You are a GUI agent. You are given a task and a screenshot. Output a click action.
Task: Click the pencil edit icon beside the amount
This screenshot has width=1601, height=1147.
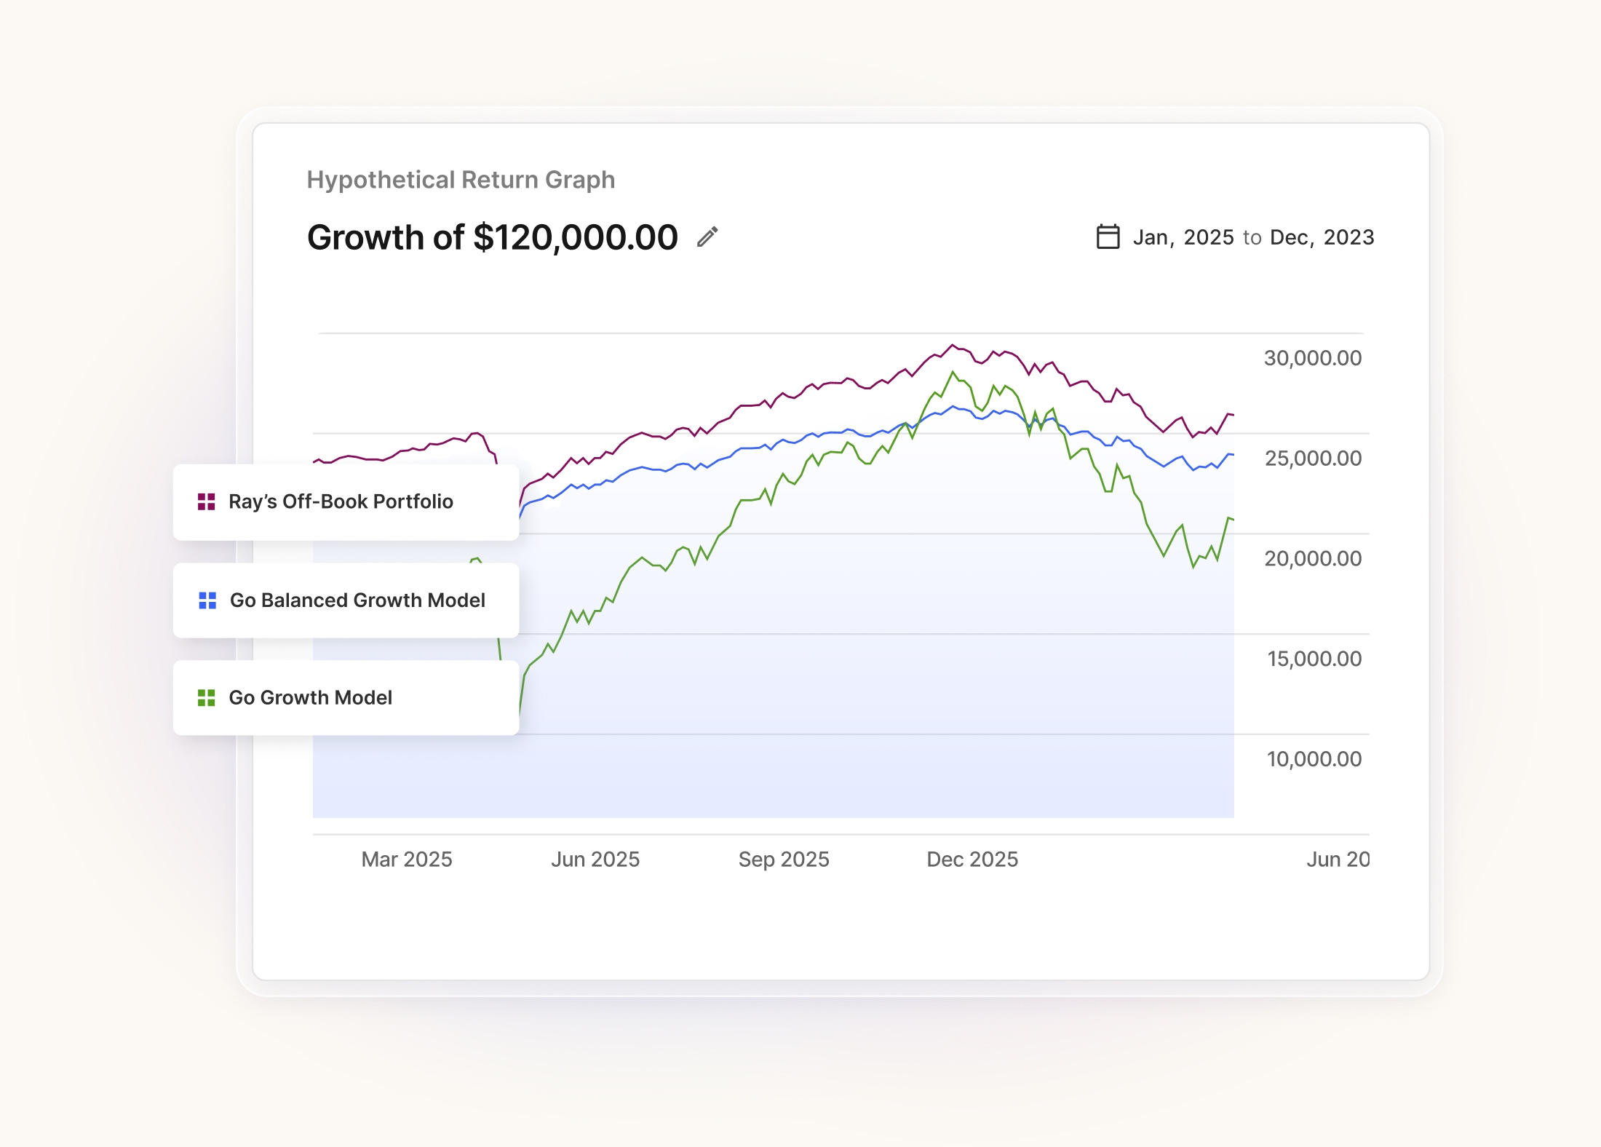pyautogui.click(x=707, y=237)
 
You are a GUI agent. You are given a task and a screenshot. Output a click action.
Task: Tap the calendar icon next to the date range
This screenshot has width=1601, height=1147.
pyautogui.click(x=1108, y=237)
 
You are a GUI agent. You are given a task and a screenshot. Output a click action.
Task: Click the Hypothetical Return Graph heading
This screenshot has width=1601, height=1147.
pyautogui.click(x=461, y=180)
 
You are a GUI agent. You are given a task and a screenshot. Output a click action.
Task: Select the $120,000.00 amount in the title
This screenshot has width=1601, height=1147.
pyautogui.click(x=575, y=237)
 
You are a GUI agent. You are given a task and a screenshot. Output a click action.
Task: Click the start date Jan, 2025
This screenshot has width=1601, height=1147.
pyautogui.click(x=1183, y=237)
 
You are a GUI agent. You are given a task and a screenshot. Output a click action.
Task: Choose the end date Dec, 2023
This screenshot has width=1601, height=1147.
pyautogui.click(x=1322, y=237)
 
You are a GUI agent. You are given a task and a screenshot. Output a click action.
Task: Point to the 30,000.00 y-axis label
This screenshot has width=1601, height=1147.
pyautogui.click(x=1312, y=358)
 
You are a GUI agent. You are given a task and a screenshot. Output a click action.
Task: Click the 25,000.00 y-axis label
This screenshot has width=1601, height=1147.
pyautogui.click(x=1312, y=459)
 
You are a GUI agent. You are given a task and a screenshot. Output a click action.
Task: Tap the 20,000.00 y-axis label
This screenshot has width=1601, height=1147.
pyautogui.click(x=1312, y=559)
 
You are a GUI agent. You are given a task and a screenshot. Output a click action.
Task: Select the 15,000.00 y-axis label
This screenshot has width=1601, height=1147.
pyautogui.click(x=1314, y=659)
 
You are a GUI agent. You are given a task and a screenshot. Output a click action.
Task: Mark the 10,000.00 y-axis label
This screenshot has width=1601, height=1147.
pyautogui.click(x=1314, y=759)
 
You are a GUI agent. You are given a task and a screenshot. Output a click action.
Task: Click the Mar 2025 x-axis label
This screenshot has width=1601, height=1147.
pyautogui.click(x=407, y=860)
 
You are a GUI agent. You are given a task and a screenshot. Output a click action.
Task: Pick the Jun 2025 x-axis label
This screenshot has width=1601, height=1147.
pyautogui.click(x=595, y=860)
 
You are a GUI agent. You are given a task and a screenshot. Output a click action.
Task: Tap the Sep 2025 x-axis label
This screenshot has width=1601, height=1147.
pyautogui.click(x=784, y=860)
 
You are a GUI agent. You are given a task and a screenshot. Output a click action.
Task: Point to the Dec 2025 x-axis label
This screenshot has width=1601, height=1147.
pyautogui.click(x=972, y=860)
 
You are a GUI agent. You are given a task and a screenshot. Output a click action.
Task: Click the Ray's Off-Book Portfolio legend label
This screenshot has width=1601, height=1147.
pyautogui.click(x=341, y=501)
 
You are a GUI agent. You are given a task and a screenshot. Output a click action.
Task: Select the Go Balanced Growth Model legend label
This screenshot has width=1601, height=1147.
pyautogui.click(x=357, y=600)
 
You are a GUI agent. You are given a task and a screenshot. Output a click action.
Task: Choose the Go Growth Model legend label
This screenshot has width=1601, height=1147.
pyautogui.click(x=310, y=698)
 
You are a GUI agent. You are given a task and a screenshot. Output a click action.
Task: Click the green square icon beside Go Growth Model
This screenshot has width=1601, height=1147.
pyautogui.click(x=207, y=698)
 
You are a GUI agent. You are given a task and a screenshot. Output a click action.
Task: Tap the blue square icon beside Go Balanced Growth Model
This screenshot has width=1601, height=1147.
pyautogui.click(x=207, y=600)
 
